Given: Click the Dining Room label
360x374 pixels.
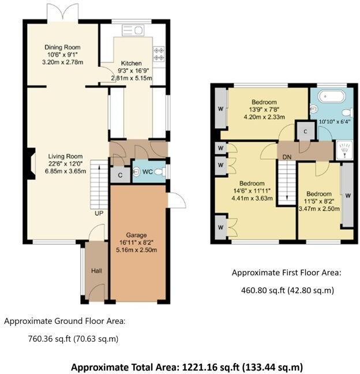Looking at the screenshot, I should click(x=63, y=47).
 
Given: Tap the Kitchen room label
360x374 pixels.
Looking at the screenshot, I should click(x=131, y=63).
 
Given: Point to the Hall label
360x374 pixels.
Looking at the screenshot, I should click(x=96, y=270).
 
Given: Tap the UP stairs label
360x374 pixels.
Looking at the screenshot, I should click(x=99, y=213).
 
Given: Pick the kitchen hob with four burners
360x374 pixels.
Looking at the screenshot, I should click(x=159, y=55).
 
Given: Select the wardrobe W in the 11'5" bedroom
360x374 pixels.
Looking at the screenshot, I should click(x=347, y=195).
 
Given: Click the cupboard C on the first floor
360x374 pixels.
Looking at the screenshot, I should click(x=304, y=130).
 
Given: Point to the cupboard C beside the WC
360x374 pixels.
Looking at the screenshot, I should click(x=119, y=175).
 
